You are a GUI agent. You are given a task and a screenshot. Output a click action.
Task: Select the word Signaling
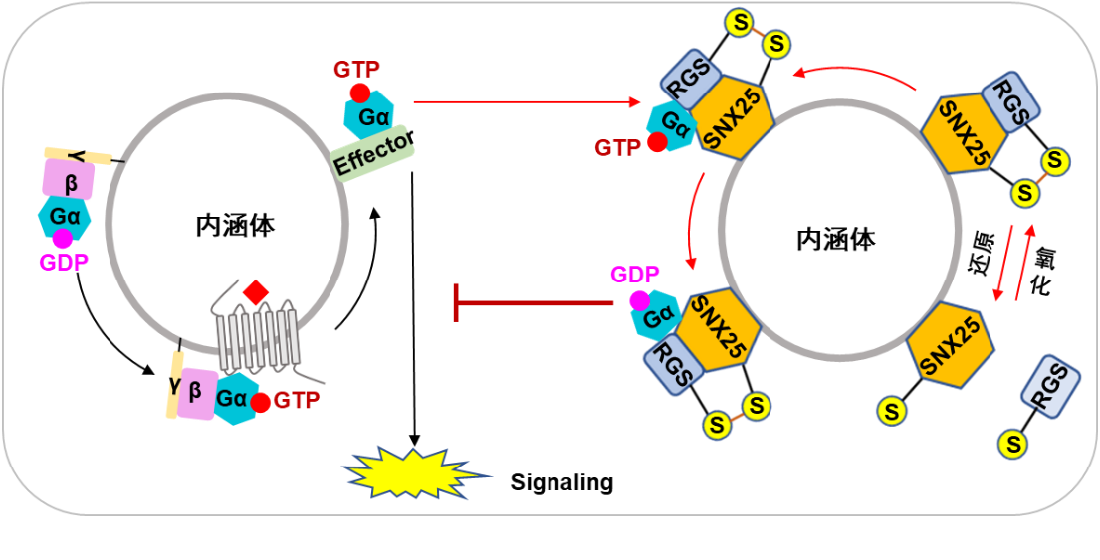pos(561,483)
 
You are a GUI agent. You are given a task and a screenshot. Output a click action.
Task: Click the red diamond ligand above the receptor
pos(256,292)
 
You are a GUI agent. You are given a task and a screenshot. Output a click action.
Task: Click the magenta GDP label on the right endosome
pos(636,275)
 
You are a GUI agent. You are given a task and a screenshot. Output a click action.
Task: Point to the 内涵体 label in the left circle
pos(235,225)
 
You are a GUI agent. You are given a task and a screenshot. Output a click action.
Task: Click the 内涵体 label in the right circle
pos(837,239)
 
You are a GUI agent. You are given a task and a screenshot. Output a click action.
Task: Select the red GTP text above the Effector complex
pos(355,70)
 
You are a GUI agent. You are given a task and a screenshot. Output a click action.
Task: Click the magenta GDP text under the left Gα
pos(64,262)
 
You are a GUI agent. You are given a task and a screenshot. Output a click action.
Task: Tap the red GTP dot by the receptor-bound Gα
pos(261,403)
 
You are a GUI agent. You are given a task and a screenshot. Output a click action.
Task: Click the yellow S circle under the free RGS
pos(1013,444)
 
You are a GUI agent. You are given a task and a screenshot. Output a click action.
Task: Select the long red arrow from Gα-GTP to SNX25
pos(527,101)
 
